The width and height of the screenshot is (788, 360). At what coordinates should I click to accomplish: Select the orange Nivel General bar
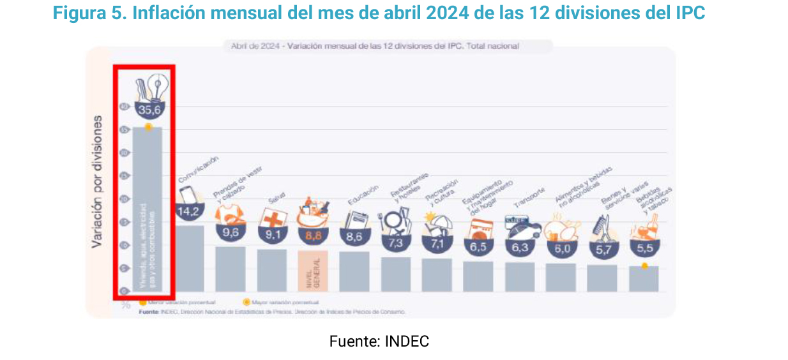[313, 271]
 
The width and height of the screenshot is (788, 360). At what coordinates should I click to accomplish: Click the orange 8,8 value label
[313, 236]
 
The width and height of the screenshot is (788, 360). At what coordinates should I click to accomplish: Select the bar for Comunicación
[190, 258]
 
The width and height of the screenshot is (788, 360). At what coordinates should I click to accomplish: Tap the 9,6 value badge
[231, 234]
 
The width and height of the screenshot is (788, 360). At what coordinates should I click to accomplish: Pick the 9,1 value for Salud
[271, 236]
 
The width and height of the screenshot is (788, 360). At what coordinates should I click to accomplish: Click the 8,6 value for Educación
[354, 237]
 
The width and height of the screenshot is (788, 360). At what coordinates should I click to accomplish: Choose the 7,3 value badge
[395, 243]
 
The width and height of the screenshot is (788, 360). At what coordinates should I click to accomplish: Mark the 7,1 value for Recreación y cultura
[437, 243]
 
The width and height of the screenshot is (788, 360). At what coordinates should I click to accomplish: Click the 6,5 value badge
[478, 246]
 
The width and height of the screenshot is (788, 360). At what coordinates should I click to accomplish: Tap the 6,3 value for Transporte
[520, 248]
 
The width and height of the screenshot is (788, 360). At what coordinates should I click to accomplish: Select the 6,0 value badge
[561, 249]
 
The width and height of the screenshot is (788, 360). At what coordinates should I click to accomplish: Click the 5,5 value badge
[644, 248]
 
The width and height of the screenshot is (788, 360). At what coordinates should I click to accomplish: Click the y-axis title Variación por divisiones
[97, 181]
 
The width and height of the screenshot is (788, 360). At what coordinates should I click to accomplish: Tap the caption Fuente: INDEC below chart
[379, 341]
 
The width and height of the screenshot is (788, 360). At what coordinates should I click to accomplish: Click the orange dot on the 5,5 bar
[644, 266]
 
